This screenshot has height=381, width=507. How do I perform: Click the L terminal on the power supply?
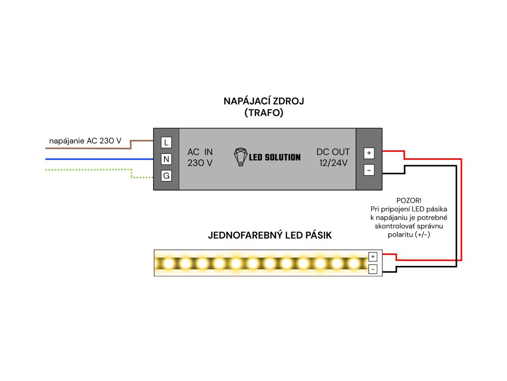(166, 142)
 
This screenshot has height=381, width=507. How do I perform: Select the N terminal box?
(166, 159)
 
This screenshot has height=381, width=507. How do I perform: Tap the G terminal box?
(166, 176)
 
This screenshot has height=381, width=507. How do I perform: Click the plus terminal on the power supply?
(369, 153)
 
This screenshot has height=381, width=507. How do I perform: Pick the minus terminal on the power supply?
(369, 170)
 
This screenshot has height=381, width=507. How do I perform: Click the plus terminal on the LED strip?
(373, 256)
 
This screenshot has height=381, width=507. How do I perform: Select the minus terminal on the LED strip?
(373, 269)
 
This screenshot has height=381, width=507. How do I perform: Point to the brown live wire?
(89, 148)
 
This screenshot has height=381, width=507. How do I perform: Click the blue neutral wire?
(99, 159)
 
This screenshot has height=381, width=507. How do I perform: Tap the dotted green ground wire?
(89, 170)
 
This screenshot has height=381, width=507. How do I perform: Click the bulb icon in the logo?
(240, 157)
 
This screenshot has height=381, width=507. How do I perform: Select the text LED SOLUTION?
(274, 157)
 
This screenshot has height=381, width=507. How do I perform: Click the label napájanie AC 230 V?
(85, 141)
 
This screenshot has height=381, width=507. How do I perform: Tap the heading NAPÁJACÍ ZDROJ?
(263, 101)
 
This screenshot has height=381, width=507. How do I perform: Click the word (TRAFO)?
(263, 113)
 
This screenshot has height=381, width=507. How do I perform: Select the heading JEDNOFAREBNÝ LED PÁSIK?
(270, 236)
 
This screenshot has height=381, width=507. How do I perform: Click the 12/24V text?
(333, 163)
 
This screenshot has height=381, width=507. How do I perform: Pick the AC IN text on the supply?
(200, 152)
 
